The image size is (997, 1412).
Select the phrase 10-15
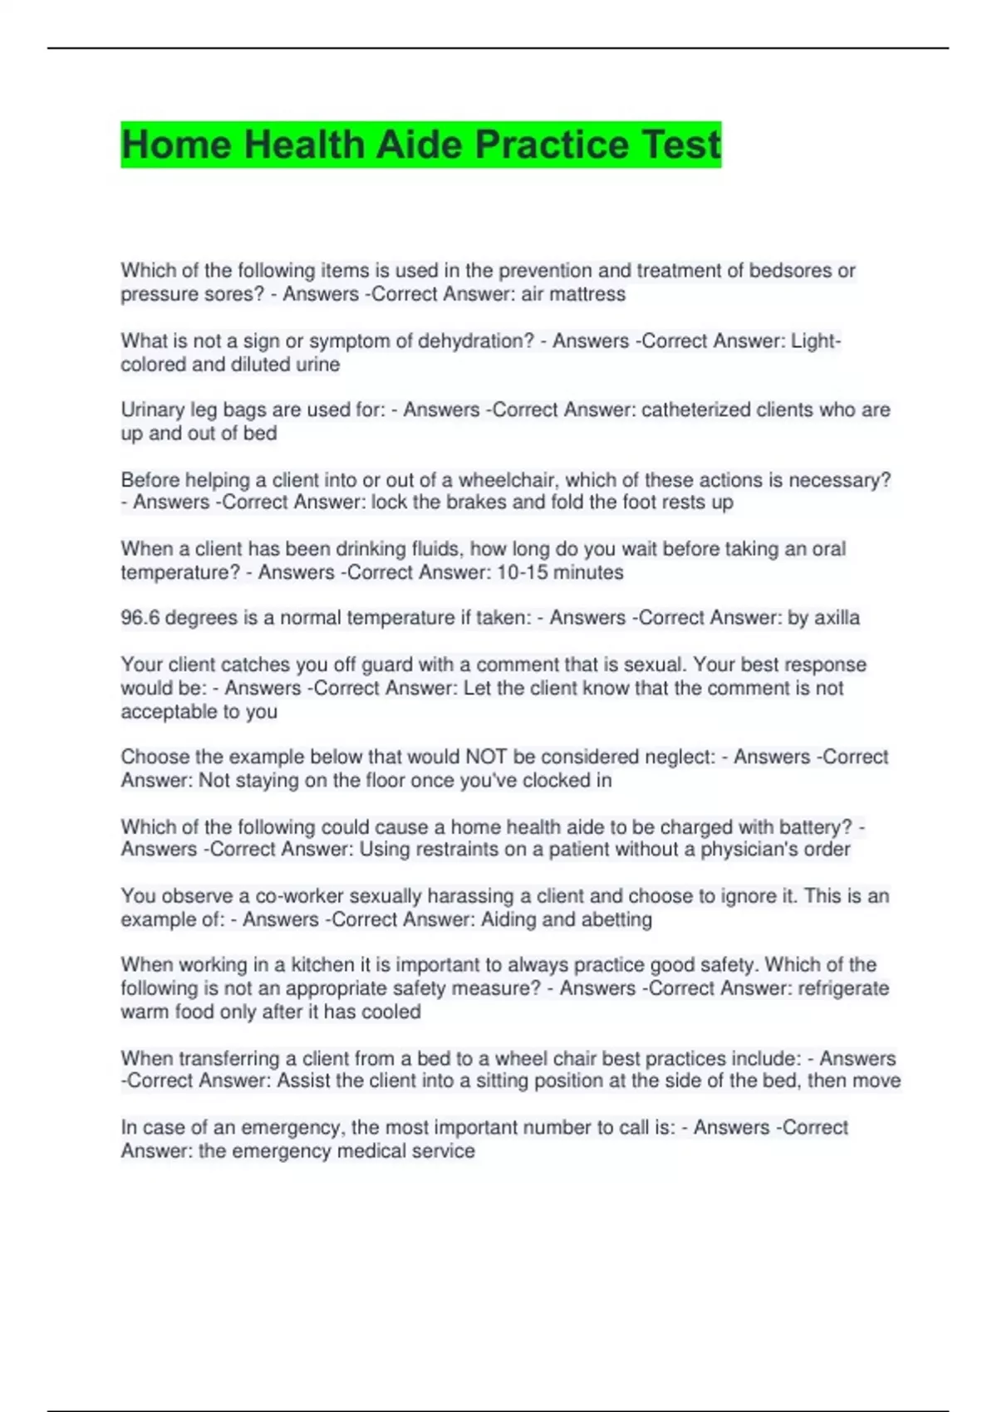522,572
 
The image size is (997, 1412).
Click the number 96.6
140,618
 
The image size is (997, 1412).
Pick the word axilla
837,618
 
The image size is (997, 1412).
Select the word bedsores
790,271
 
